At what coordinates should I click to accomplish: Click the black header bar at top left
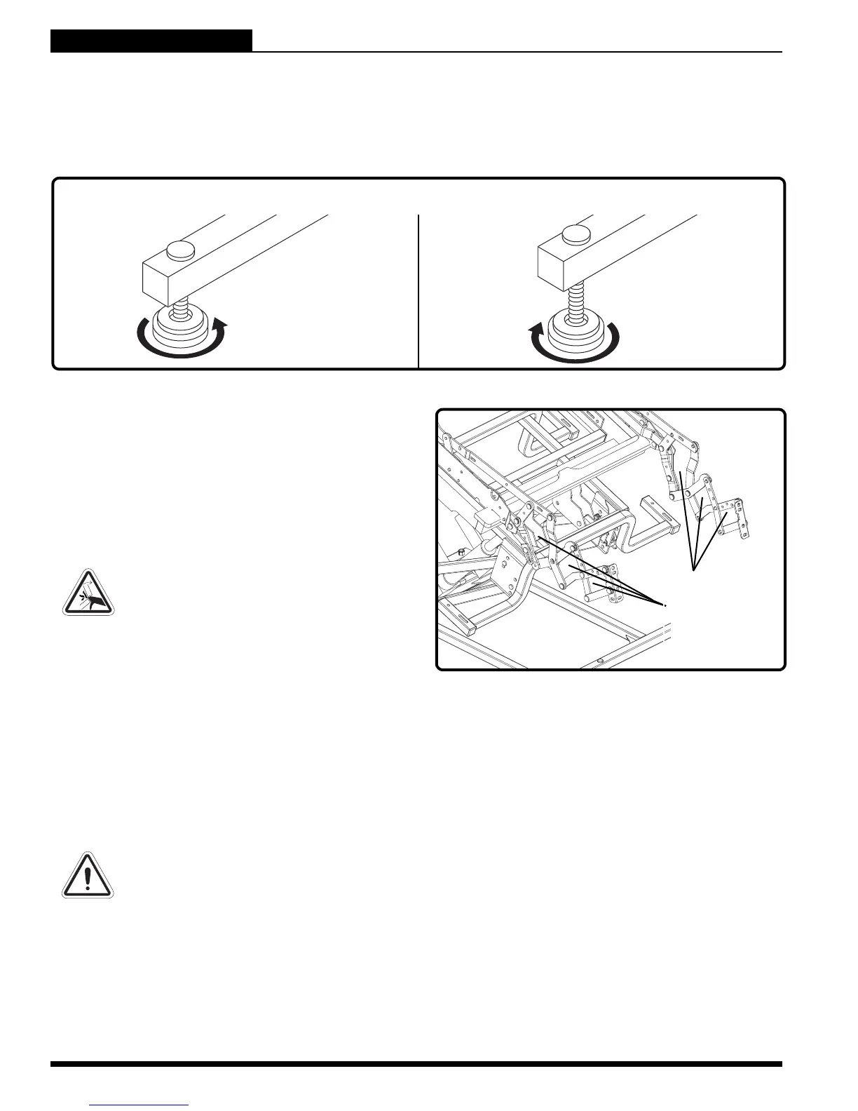[x=151, y=41]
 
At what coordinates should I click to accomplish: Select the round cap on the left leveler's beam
[x=180, y=248]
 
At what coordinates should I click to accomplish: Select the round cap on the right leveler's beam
[x=576, y=234]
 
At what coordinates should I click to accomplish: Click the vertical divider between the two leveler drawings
[x=418, y=290]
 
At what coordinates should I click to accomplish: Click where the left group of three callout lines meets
[x=664, y=604]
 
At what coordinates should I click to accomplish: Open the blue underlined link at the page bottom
[x=139, y=1105]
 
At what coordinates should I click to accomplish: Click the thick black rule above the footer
[x=416, y=1064]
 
